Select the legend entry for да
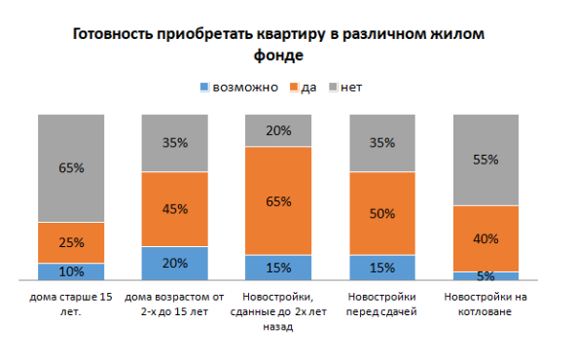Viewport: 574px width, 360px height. point(302,88)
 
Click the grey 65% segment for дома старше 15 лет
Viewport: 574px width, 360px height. point(71,167)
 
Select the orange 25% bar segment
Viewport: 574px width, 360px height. point(71,242)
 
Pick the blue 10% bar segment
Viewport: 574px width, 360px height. point(71,271)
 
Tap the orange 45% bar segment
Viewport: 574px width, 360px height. point(175,209)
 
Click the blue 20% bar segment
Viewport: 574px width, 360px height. point(175,263)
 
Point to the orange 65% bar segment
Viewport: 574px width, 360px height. point(278,200)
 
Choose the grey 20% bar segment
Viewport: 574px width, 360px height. point(278,130)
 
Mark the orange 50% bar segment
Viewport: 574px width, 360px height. point(382,213)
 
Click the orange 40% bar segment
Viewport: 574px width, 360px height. point(486,238)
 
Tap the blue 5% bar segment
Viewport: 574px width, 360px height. point(486,276)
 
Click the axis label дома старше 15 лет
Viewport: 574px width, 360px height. point(71,304)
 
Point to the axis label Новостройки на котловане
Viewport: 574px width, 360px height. point(486,304)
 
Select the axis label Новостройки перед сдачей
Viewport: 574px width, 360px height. point(382,304)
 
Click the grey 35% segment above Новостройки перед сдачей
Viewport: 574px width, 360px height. point(382,143)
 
